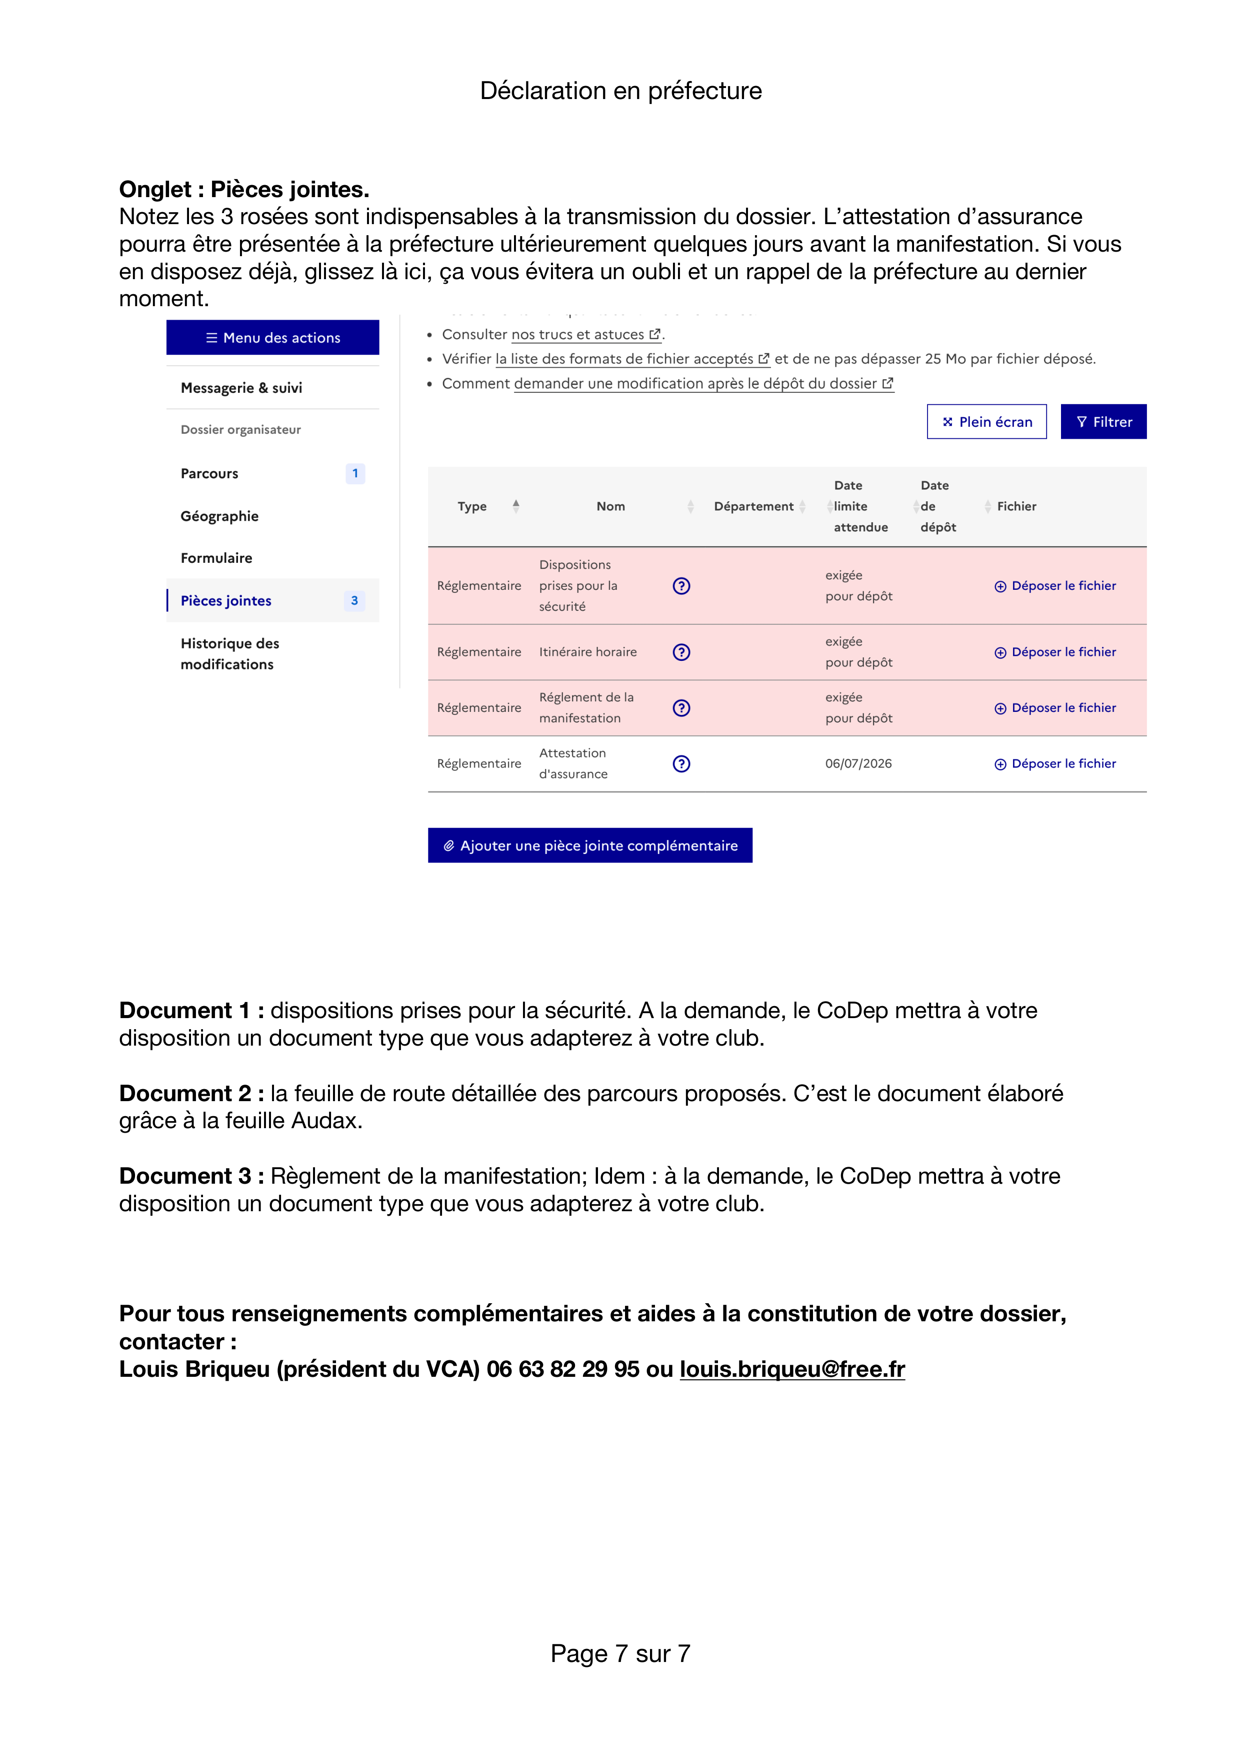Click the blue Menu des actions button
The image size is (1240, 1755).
tap(273, 337)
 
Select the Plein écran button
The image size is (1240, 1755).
tap(986, 422)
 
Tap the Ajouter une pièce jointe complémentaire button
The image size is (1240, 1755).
tap(590, 845)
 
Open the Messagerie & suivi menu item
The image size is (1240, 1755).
tap(241, 388)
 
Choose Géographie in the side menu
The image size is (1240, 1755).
tap(219, 516)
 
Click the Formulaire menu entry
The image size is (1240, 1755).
tap(216, 558)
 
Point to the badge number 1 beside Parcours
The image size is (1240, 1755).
tap(355, 473)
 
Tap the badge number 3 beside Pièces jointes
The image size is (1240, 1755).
tap(354, 601)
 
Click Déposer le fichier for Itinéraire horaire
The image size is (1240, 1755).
tap(1055, 652)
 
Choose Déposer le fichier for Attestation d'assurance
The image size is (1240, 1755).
tap(1055, 763)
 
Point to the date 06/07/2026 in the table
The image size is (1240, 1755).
tap(858, 763)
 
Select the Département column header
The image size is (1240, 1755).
tap(753, 506)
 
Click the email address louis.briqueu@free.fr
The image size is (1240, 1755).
tap(792, 1369)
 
